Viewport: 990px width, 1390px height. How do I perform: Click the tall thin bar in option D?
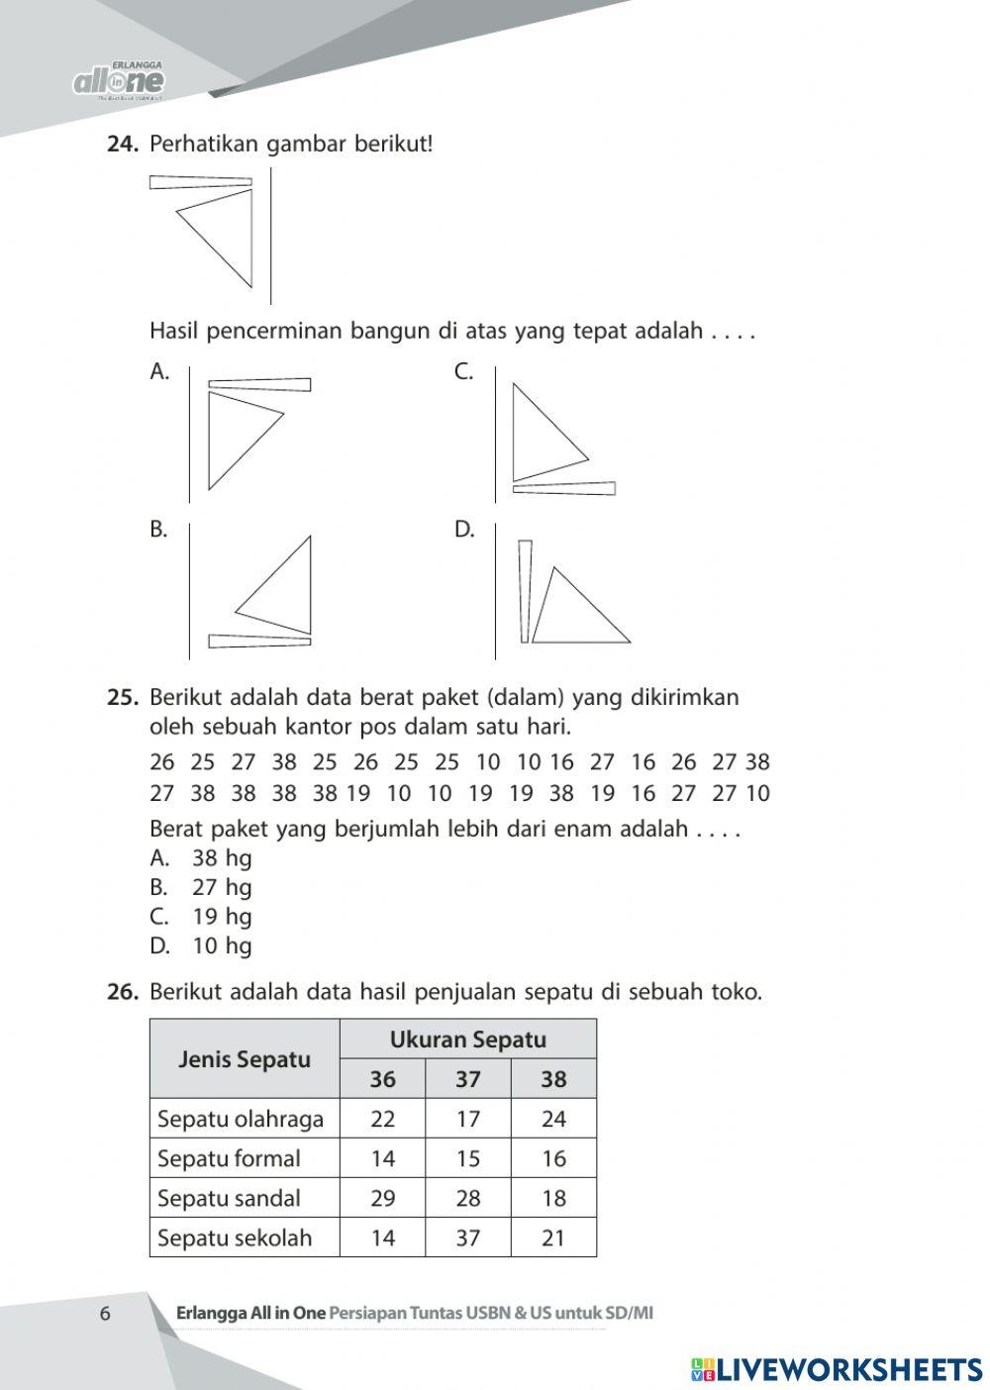(525, 591)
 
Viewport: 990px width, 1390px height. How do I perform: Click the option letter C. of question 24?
(463, 372)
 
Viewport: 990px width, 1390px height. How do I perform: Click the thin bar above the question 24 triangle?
(201, 181)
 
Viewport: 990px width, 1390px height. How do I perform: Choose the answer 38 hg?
(222, 858)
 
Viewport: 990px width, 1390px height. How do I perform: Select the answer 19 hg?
(222, 917)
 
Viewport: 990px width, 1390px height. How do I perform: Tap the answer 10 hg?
(222, 946)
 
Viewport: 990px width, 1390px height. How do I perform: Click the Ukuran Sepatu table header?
(467, 1040)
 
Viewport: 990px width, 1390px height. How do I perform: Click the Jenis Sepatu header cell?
(244, 1059)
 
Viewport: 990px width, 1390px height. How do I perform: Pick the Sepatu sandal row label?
(229, 1198)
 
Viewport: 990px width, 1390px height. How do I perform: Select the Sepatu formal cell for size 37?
(467, 1158)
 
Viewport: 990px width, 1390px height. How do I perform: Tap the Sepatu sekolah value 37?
(467, 1238)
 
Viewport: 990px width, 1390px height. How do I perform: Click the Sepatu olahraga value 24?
(553, 1119)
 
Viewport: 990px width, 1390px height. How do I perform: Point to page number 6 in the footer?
(105, 1314)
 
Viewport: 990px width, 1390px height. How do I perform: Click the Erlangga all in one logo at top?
(119, 80)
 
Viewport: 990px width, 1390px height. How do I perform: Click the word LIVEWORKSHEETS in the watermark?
(848, 1369)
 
